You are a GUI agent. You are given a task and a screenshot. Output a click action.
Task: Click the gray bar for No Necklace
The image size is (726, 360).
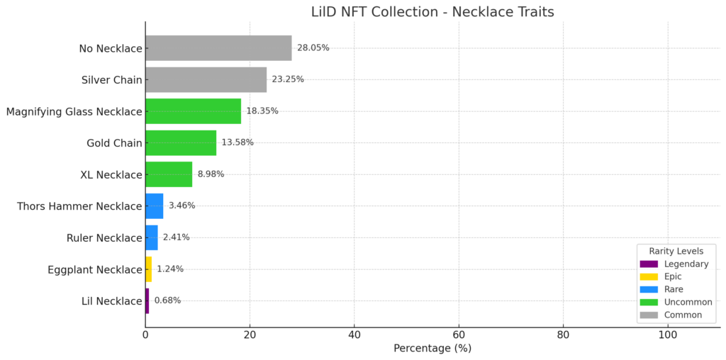218,48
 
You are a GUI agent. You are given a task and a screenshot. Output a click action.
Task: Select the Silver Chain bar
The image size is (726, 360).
206,79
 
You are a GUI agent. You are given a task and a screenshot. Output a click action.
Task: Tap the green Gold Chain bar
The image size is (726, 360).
181,142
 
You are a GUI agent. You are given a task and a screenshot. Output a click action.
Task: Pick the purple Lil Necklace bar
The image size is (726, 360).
147,300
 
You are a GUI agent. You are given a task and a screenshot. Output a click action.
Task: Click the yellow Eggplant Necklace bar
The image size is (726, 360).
148,269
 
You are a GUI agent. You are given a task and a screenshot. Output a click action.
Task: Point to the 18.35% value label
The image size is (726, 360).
262,111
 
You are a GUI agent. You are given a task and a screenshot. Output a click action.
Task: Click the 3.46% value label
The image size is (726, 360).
181,206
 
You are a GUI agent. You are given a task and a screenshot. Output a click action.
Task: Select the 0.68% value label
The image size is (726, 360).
167,300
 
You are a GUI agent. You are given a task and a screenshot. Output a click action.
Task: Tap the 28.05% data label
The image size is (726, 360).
313,48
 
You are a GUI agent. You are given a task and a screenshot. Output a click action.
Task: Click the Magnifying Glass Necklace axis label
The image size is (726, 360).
74,111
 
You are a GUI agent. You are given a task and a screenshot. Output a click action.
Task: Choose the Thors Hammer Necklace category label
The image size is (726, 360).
79,206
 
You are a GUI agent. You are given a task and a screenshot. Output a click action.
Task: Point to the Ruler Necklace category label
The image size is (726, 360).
105,238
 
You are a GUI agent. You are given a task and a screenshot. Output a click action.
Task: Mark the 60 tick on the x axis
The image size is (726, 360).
459,335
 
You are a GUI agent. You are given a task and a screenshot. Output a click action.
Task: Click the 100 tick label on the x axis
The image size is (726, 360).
667,335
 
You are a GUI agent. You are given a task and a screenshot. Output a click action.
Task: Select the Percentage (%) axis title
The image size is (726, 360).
432,349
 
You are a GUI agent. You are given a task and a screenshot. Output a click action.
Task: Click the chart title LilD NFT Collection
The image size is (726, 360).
432,12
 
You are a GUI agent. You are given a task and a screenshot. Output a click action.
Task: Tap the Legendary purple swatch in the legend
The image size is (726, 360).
649,264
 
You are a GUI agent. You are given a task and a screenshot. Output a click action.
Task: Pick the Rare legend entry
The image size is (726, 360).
673,289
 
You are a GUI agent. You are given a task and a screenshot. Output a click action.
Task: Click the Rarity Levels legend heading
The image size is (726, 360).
676,251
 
